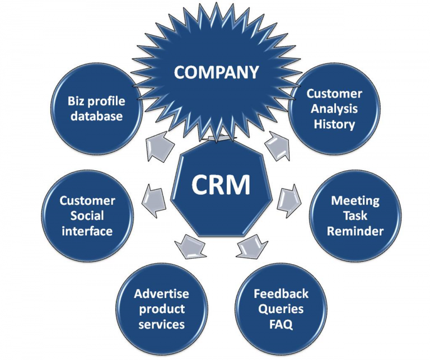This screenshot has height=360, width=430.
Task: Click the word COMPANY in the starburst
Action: click(x=216, y=72)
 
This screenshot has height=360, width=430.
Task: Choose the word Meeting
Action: click(x=355, y=200)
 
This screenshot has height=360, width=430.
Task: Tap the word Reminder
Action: click(x=355, y=231)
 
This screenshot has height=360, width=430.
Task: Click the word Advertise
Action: click(x=161, y=294)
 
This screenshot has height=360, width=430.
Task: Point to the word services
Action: click(x=161, y=324)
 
